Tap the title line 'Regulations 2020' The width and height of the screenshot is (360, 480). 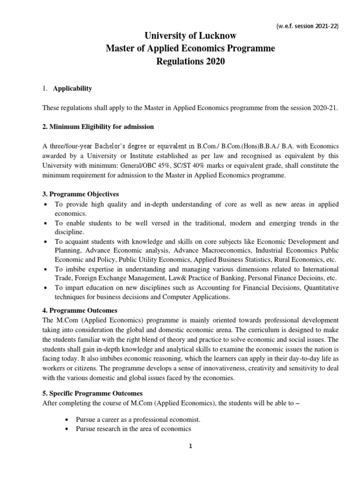180,62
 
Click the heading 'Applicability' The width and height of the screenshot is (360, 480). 73,88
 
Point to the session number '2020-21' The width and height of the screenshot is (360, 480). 325,107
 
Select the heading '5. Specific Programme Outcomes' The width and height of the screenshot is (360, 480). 93,393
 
